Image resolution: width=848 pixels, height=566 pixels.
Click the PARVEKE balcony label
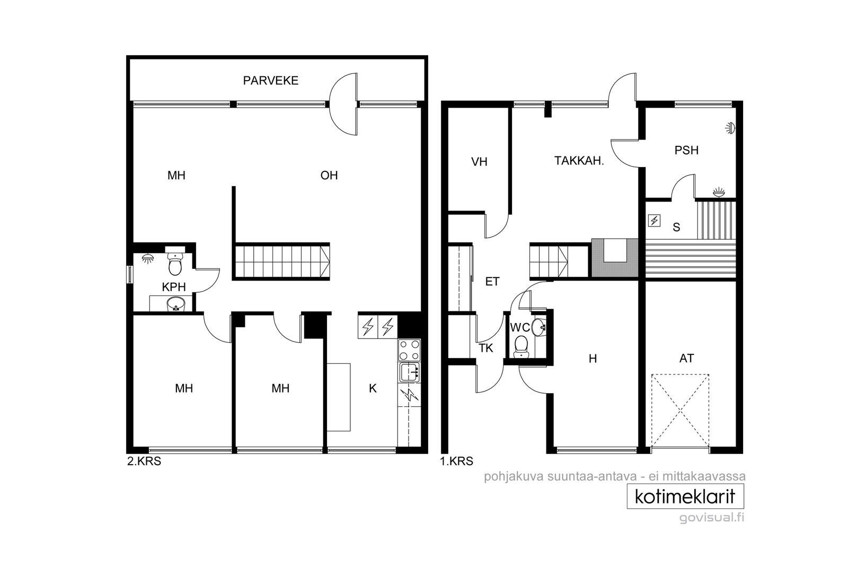click(271, 81)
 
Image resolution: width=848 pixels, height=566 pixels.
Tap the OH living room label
click(329, 176)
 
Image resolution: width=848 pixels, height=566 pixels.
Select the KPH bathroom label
click(174, 287)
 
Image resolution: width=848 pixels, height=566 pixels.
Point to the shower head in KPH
click(148, 259)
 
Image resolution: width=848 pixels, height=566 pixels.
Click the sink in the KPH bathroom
click(175, 304)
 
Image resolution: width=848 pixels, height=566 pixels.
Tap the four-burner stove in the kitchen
click(409, 350)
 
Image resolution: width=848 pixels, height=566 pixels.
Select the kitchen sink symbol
click(409, 372)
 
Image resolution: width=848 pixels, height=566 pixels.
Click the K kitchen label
click(373, 388)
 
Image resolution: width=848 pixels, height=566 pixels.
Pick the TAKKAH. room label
click(579, 161)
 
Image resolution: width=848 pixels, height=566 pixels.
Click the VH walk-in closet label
click(479, 162)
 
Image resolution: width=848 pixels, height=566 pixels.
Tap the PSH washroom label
click(686, 151)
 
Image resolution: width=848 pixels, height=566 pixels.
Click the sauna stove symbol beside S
click(654, 221)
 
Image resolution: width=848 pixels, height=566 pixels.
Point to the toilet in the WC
click(522, 346)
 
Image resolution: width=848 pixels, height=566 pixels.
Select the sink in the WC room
click(538, 327)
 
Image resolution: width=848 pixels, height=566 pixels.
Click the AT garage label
click(687, 359)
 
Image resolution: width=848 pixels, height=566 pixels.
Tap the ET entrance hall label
click(492, 282)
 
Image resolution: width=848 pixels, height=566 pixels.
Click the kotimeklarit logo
click(685, 497)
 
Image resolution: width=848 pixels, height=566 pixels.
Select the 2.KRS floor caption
click(144, 461)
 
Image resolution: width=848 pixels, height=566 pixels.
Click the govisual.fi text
click(712, 518)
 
